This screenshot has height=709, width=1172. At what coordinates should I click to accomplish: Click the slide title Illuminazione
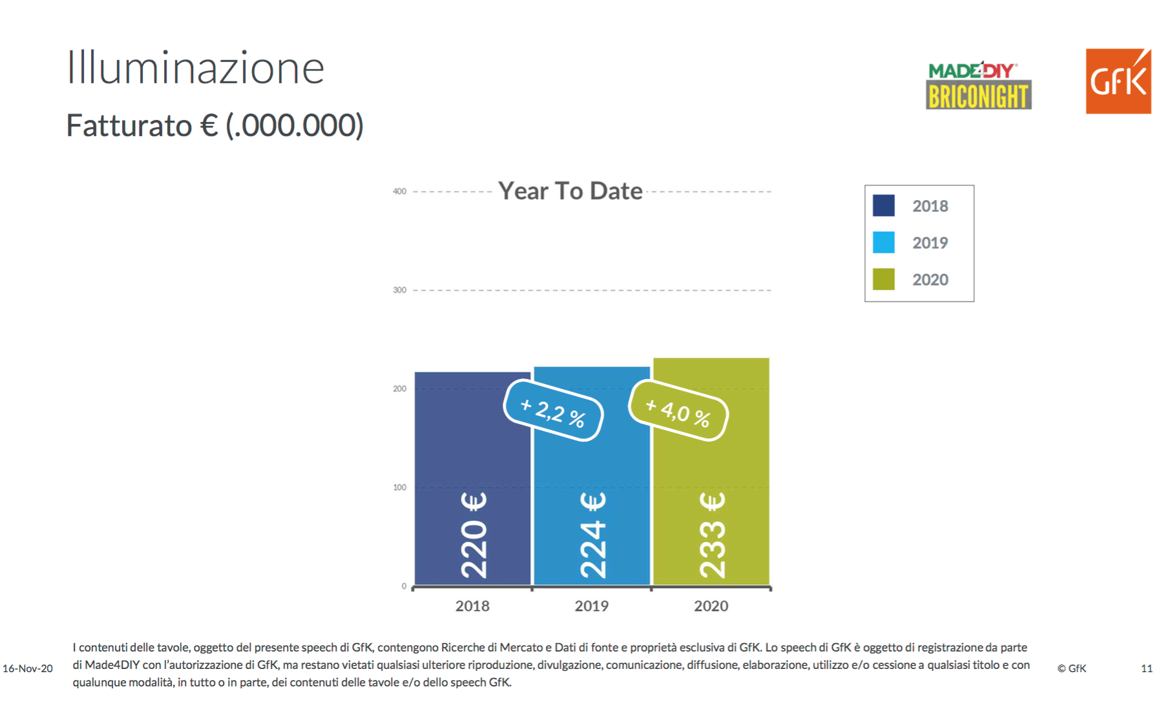[195, 68]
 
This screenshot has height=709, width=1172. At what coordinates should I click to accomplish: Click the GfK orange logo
[1118, 81]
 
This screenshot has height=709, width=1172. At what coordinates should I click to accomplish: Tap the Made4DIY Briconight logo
[978, 86]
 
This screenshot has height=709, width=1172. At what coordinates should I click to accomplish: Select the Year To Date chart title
[570, 191]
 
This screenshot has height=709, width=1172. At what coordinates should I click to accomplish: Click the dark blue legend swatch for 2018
[883, 205]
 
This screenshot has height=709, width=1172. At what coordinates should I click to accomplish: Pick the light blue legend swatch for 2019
[883, 242]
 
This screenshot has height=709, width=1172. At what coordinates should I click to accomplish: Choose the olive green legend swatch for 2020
[883, 279]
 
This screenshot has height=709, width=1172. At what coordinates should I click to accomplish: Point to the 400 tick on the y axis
[399, 191]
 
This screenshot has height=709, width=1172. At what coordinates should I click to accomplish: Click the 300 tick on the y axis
[399, 290]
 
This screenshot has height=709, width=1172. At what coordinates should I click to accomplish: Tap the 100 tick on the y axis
[399, 488]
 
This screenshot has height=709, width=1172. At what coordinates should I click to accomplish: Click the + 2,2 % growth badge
[553, 411]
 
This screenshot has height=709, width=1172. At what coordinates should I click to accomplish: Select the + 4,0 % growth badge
[678, 411]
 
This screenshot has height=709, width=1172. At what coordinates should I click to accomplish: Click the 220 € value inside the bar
[474, 535]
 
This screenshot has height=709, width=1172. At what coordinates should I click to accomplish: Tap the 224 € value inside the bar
[593, 535]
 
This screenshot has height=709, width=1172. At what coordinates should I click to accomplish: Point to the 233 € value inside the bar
[713, 535]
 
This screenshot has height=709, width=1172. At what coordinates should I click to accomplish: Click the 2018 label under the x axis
[472, 606]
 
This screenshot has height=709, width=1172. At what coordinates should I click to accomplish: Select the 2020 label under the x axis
[711, 606]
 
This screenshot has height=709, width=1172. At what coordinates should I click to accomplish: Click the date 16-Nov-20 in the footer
[28, 668]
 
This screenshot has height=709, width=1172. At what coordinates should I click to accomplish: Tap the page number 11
[1147, 668]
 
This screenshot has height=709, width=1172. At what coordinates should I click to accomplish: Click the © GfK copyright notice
[1072, 668]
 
